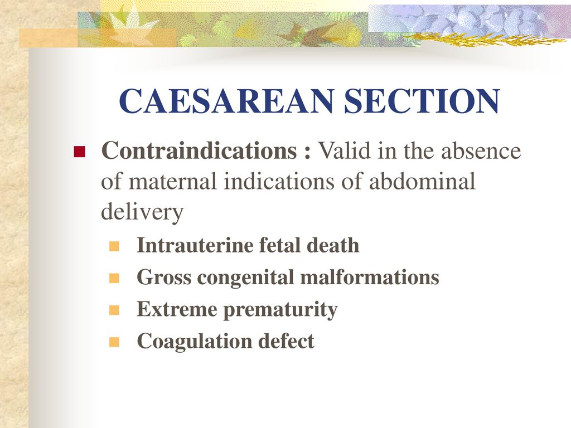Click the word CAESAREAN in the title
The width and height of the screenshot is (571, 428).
(226, 101)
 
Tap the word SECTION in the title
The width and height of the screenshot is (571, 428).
(422, 101)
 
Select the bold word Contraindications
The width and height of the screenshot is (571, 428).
(199, 150)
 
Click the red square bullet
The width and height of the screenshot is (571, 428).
(79, 152)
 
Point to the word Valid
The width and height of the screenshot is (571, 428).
(345, 150)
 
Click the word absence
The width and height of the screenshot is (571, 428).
(481, 150)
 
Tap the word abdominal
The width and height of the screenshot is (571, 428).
(422, 181)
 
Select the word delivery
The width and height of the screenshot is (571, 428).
(142, 212)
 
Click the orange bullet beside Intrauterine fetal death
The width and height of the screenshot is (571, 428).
(114, 246)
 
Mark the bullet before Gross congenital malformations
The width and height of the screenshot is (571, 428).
(114, 279)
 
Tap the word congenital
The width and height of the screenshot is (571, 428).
(246, 278)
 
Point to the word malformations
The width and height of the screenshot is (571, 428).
(370, 277)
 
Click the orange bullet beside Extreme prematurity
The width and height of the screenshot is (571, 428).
(114, 310)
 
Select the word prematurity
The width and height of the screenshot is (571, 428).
(280, 310)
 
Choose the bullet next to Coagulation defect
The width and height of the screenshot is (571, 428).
(114, 342)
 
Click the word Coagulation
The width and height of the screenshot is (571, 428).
(195, 342)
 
